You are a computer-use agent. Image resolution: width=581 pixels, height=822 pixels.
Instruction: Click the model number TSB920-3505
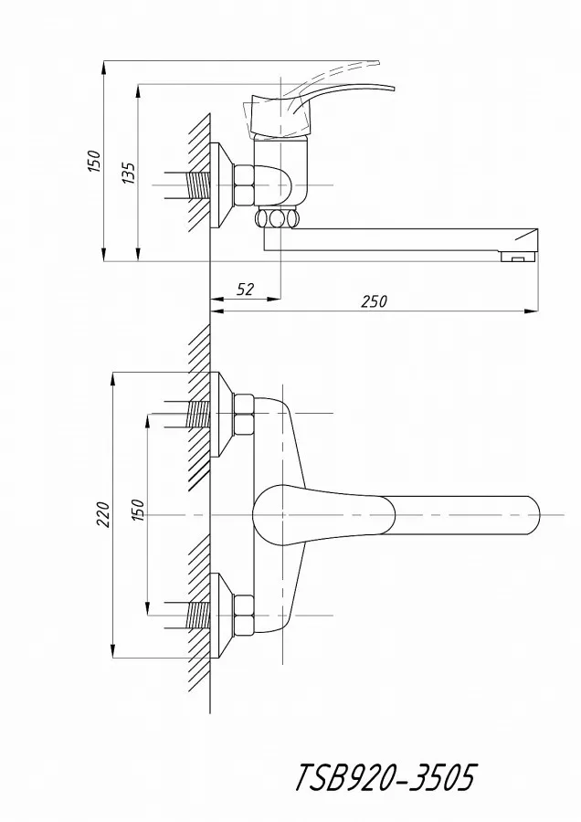386,777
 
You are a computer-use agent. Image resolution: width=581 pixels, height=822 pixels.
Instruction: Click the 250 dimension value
374,301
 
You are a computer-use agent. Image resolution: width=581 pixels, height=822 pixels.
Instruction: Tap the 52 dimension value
245,290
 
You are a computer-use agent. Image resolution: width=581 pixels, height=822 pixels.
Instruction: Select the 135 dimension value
129,173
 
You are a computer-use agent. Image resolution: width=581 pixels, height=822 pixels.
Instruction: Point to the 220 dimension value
103,514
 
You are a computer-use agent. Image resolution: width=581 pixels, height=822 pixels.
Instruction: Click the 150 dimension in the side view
93,162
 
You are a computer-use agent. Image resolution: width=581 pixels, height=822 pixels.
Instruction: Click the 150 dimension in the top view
137,510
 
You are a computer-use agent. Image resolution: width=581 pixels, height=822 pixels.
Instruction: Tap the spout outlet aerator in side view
518,257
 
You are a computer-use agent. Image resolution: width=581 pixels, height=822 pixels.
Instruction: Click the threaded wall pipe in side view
198,185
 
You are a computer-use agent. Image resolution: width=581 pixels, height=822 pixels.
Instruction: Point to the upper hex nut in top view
243,414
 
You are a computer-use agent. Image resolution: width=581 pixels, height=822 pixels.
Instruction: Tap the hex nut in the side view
243,185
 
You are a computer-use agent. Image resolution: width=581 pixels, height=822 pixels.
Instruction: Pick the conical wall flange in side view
222,185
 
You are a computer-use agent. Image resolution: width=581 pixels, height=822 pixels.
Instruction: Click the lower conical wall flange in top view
222,616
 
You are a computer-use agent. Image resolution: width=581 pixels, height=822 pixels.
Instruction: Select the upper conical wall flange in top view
222,414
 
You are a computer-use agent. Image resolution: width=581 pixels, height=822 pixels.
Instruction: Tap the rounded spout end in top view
531,515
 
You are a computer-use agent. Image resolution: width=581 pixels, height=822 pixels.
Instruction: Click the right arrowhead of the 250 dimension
532,312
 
